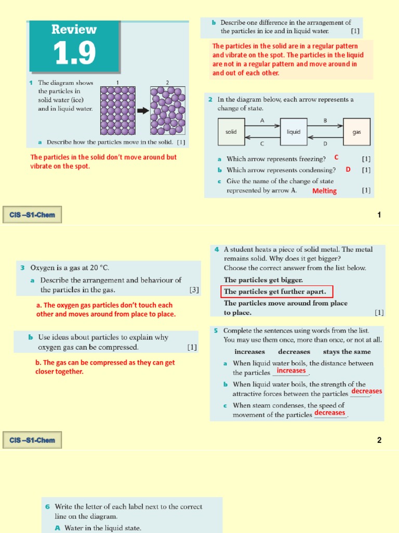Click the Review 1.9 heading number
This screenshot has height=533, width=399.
(x=74, y=53)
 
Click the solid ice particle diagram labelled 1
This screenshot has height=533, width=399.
(x=117, y=110)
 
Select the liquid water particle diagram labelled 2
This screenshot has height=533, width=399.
(x=167, y=110)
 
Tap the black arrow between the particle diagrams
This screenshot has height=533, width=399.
(x=143, y=110)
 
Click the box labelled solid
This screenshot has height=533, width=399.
(x=231, y=132)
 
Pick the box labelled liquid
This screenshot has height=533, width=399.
(x=294, y=132)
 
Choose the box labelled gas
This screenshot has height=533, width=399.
(x=357, y=132)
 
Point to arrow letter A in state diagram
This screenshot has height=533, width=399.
(x=262, y=120)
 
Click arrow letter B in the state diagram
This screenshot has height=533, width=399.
(x=325, y=120)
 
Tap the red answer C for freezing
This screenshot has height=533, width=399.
(x=336, y=157)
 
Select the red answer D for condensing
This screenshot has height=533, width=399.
(x=348, y=170)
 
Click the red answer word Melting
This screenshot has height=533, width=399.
(x=324, y=191)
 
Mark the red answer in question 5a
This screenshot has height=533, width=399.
(x=291, y=371)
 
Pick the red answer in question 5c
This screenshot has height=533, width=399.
(x=329, y=413)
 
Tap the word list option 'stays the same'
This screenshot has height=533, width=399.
(x=347, y=352)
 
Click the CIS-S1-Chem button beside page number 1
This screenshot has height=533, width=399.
(x=32, y=214)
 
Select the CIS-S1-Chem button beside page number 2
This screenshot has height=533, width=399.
(x=32, y=440)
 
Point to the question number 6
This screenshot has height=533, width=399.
(x=47, y=506)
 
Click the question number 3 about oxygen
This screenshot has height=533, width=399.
(x=22, y=268)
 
